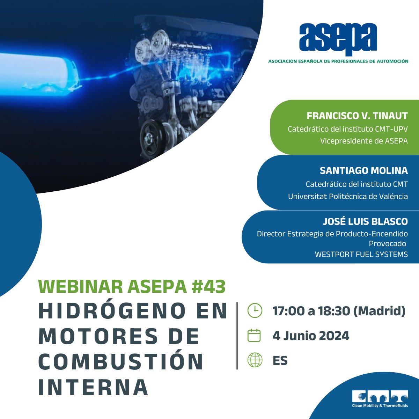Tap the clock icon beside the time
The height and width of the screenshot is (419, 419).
[x=255, y=310]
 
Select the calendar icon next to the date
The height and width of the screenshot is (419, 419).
[x=254, y=336]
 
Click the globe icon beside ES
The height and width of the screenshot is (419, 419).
[x=255, y=360]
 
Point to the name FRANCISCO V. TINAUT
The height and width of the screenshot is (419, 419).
[x=357, y=116]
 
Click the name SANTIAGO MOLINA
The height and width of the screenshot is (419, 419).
[x=363, y=170]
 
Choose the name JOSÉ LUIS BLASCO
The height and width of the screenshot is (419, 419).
[x=365, y=221]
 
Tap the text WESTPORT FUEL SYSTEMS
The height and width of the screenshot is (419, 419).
[x=361, y=254]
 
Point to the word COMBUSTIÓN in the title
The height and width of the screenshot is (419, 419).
[x=121, y=362]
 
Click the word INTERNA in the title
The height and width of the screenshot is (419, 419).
[x=93, y=387]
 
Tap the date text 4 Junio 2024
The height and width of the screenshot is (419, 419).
[x=311, y=336]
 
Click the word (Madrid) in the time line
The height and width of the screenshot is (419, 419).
[x=380, y=311]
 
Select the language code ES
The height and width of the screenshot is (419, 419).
[x=280, y=360]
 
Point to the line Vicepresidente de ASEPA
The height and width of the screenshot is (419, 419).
[x=364, y=141]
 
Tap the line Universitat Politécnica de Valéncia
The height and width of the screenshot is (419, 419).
[x=348, y=197]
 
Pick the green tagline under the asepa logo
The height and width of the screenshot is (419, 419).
[x=338, y=61]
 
